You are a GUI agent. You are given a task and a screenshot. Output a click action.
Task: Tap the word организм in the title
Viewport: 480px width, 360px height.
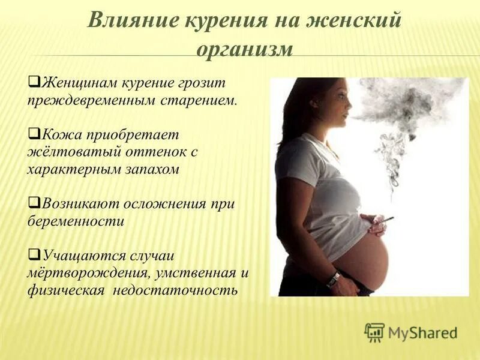click(x=244, y=48)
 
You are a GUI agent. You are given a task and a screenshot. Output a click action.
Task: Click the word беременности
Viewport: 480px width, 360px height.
click(x=75, y=221)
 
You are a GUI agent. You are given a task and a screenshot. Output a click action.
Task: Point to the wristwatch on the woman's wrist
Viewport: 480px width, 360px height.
click(x=334, y=278)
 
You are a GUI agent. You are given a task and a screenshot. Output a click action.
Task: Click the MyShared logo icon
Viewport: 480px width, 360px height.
click(x=374, y=332)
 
